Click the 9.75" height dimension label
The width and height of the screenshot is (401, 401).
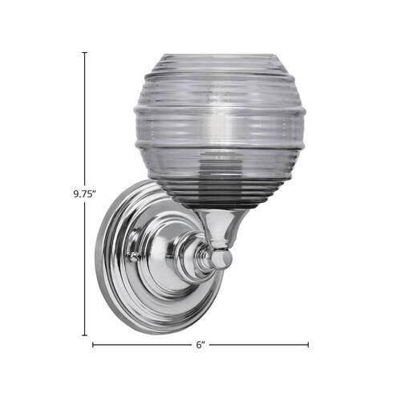coord(84,193)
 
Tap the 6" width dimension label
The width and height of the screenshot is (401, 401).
coord(200,345)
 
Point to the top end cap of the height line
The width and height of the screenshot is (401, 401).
coord(84,52)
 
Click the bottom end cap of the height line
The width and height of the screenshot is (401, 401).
coord(84,334)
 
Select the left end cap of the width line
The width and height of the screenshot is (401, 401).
coord(93,345)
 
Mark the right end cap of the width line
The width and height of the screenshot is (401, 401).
coord(308,345)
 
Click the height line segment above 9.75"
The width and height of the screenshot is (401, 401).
coord(84,120)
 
